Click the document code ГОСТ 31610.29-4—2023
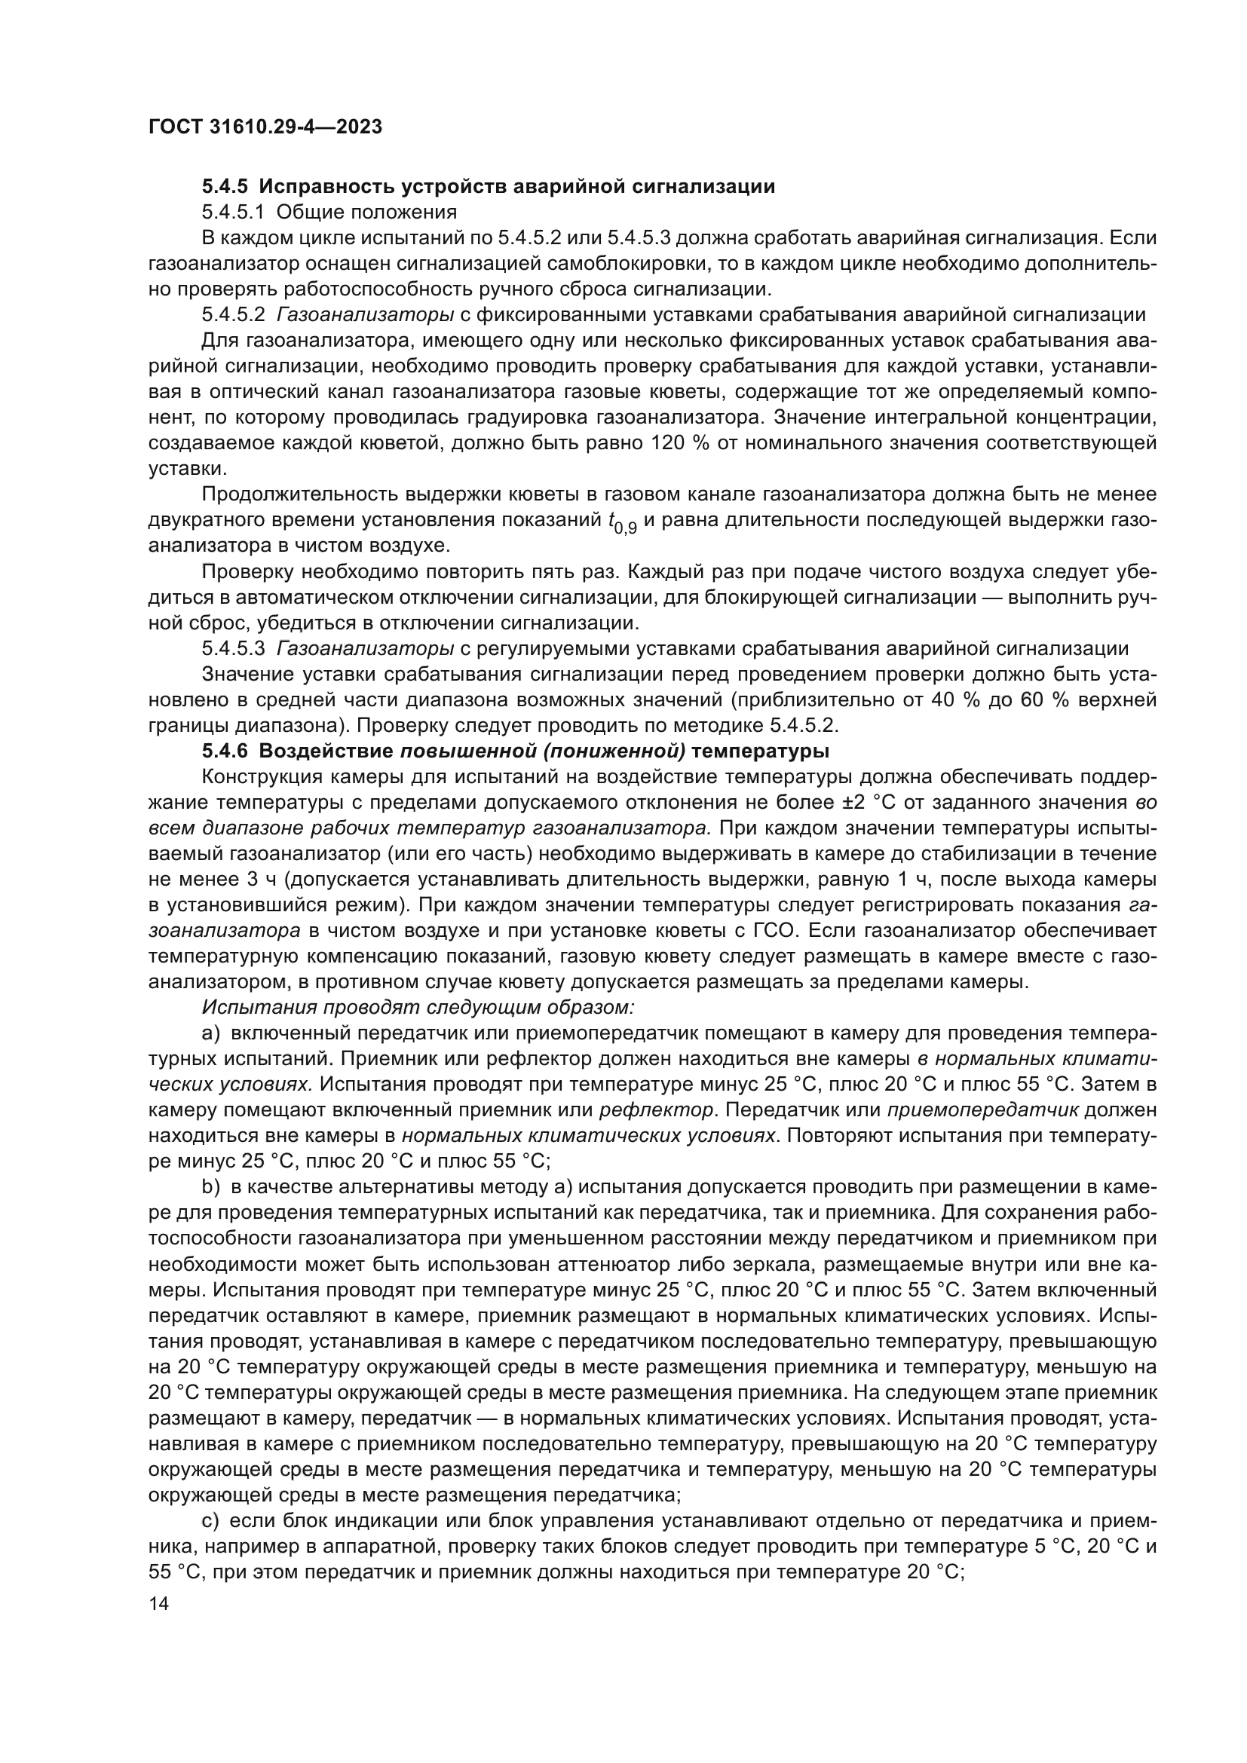coord(265,127)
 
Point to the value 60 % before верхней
coord(1043,700)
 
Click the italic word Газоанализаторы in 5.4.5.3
coord(365,648)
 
